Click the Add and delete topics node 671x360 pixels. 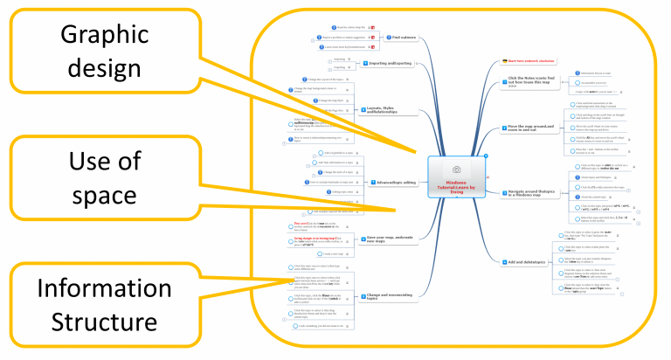click(529, 262)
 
